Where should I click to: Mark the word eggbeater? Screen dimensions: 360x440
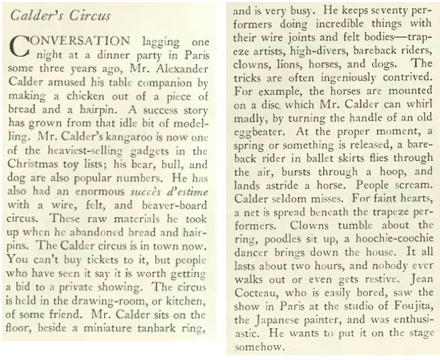tap(260, 126)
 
